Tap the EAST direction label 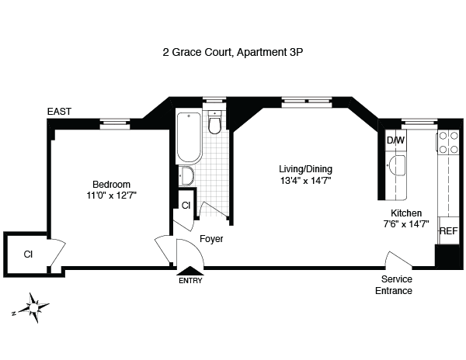click(x=59, y=112)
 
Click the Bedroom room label click(x=107, y=184)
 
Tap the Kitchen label click(x=405, y=213)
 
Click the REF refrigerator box click(x=448, y=231)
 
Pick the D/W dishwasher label click(x=395, y=141)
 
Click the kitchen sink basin click(x=397, y=164)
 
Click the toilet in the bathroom click(x=215, y=123)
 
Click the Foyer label click(x=211, y=239)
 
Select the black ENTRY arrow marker click(x=190, y=271)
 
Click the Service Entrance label click(x=396, y=285)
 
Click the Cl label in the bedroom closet click(x=28, y=254)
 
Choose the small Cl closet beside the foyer click(x=186, y=206)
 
